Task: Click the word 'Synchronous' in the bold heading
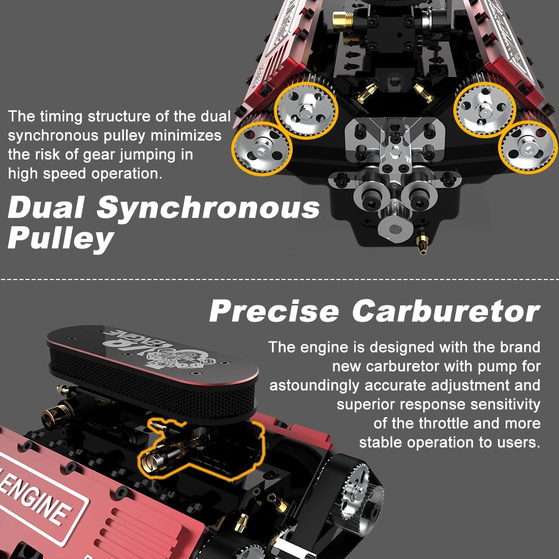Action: pos(208,208)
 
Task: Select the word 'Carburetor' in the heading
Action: pos(446,311)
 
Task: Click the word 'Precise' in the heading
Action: pos(274,311)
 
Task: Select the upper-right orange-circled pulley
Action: pos(485,108)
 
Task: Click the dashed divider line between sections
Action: pos(279,279)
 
